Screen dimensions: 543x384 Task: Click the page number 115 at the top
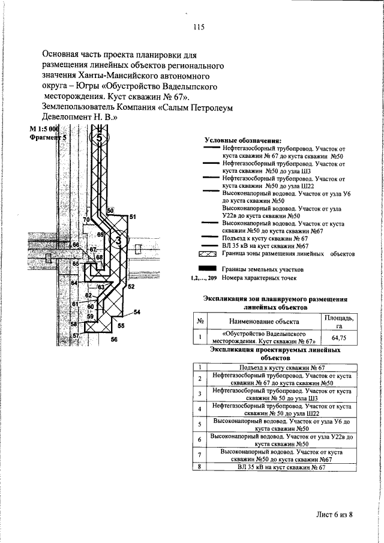(x=199, y=27)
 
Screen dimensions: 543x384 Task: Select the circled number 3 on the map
(x=119, y=239)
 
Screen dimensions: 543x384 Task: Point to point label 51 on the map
(x=133, y=216)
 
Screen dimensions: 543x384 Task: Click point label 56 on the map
(x=115, y=339)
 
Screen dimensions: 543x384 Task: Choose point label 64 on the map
(x=74, y=282)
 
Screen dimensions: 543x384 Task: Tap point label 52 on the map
(x=130, y=287)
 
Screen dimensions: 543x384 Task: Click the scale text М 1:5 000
(x=44, y=130)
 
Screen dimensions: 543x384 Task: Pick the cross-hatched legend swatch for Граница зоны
(x=209, y=254)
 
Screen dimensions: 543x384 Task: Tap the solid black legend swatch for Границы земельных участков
(x=209, y=269)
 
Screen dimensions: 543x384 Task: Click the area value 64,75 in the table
(x=339, y=339)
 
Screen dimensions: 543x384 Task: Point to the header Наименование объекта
(x=265, y=323)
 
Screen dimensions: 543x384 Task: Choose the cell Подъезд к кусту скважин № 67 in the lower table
(x=281, y=367)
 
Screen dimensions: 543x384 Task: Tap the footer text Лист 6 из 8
(x=334, y=514)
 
